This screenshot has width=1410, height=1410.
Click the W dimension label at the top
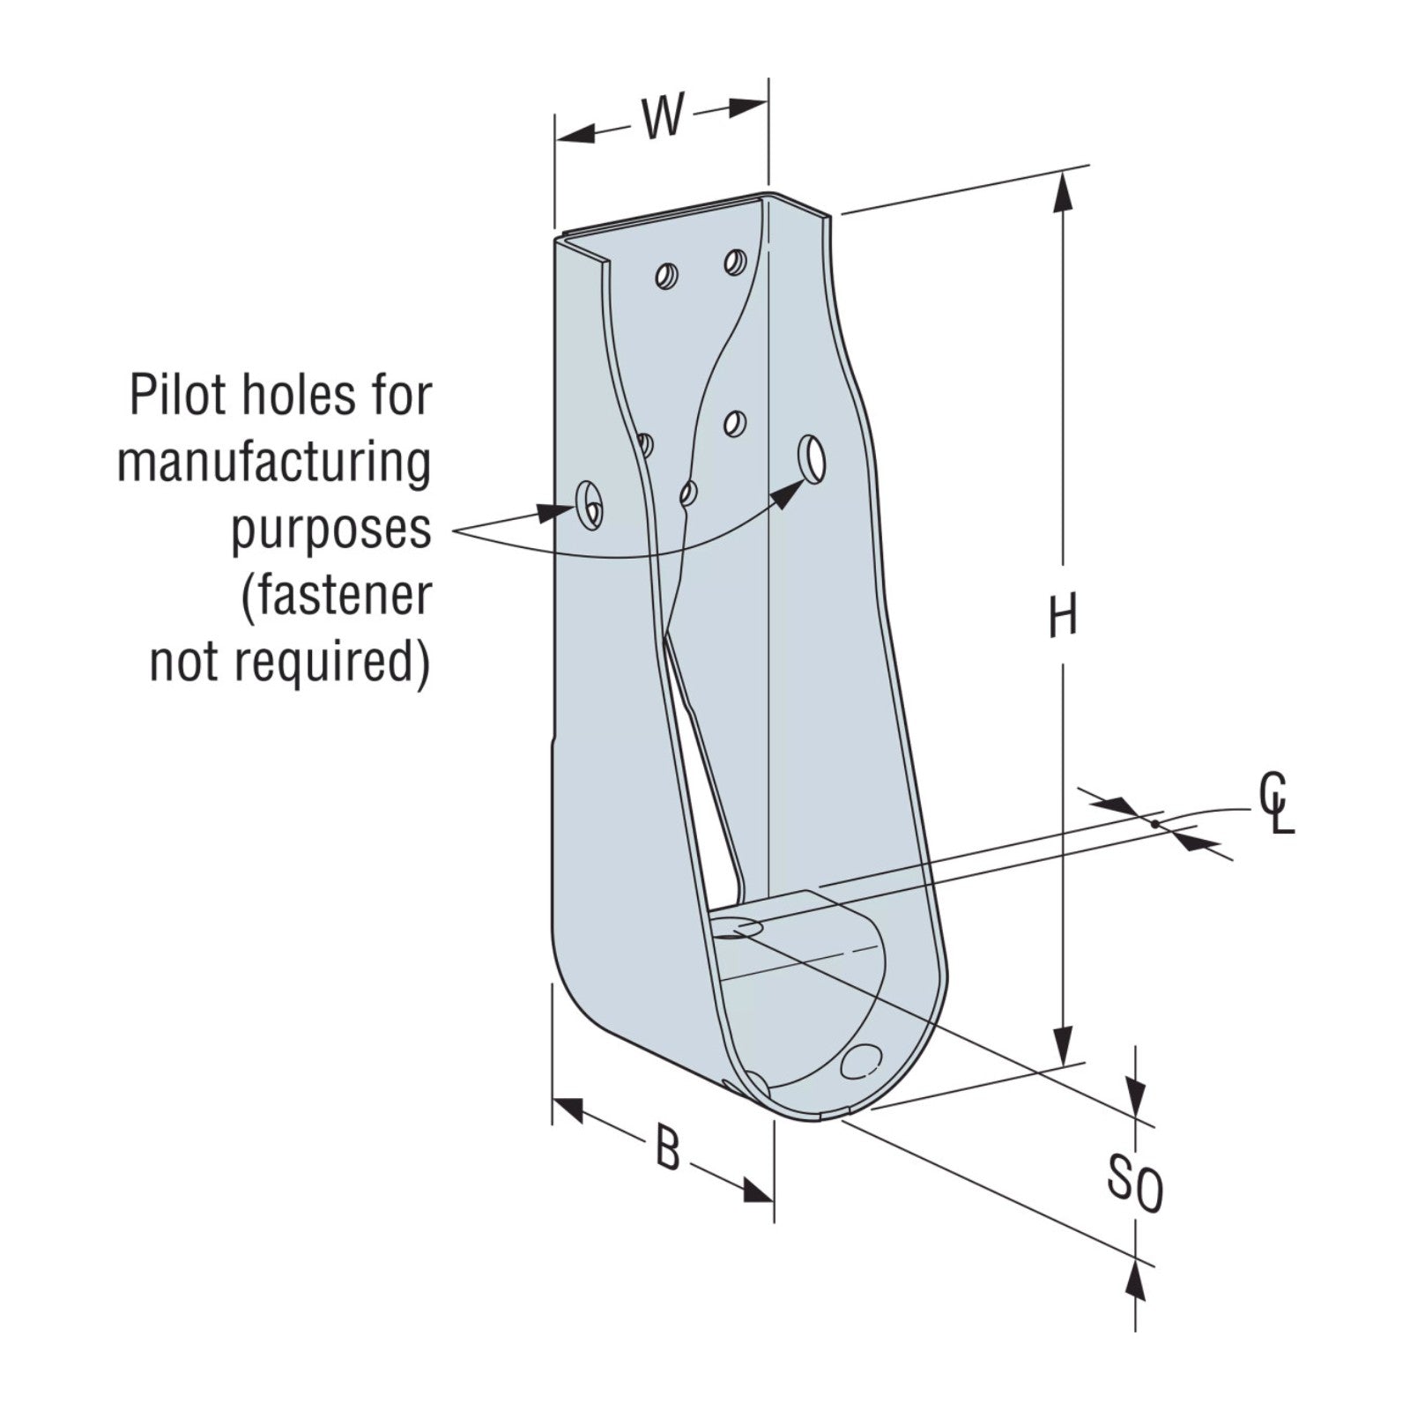[x=661, y=118]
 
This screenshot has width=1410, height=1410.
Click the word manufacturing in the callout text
[x=274, y=463]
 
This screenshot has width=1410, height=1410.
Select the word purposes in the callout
[x=331, y=531]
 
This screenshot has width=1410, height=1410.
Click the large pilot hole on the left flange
[x=588, y=506]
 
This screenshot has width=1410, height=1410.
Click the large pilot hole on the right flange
[x=812, y=457]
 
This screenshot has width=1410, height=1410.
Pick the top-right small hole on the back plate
[x=735, y=261]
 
